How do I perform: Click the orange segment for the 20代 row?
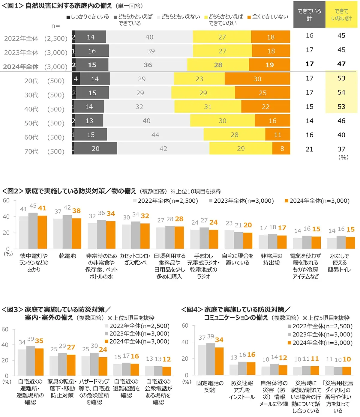pyautogui.click(x=257, y=79)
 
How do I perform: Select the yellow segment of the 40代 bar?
pyautogui.click(x=208, y=107)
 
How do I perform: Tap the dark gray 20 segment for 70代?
pyautogui.click(x=95, y=149)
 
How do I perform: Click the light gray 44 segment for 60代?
pyautogui.click(x=155, y=135)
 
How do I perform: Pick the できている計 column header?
pyautogui.click(x=309, y=15)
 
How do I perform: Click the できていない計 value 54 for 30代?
pyautogui.click(x=341, y=92)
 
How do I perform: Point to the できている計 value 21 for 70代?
pyautogui.click(x=309, y=149)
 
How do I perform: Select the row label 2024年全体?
pyautogui.click(x=21, y=67)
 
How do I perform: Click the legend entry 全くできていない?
pyautogui.click(x=268, y=17)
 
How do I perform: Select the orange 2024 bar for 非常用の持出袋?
pyautogui.click(x=282, y=242)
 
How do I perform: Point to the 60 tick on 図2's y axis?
pyautogui.click(x=6, y=201)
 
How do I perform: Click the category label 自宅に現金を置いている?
pyautogui.click(x=237, y=259)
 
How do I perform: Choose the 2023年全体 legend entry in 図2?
pyautogui.click(x=241, y=201)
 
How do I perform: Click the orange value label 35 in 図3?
pyautogui.click(x=39, y=341)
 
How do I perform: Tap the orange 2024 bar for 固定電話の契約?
pyautogui.click(x=219, y=361)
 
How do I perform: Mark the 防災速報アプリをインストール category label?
pyautogui.click(x=242, y=390)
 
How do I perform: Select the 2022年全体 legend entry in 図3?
pyautogui.click(x=137, y=326)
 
